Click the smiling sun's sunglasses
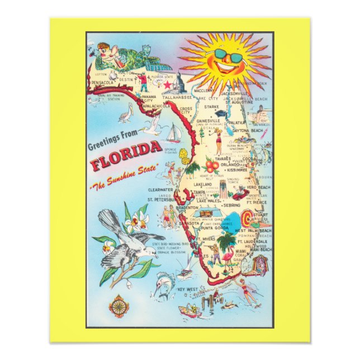click(x=226, y=57)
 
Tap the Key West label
click(x=188, y=289)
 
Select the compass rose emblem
click(x=119, y=306)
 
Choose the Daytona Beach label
click(x=248, y=130)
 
